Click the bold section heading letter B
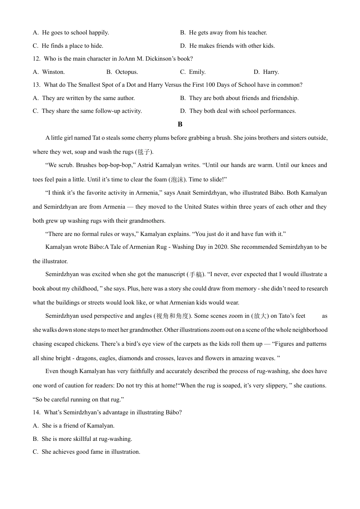[x=180, y=124]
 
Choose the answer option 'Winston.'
[x=53, y=72]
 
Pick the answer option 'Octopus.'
[x=126, y=72]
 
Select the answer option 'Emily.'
[x=197, y=72]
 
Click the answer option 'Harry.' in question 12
[x=271, y=72]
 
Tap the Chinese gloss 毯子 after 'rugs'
[x=144, y=152]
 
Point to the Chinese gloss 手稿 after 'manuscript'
[x=196, y=275]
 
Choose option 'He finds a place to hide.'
[x=72, y=46]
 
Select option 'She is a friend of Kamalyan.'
[x=78, y=426]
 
